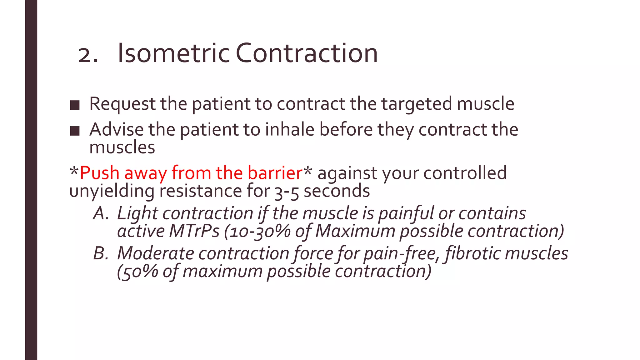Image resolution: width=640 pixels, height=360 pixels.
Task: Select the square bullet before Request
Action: (75, 105)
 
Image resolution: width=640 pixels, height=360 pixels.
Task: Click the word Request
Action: (122, 104)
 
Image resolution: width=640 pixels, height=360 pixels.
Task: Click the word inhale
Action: (289, 130)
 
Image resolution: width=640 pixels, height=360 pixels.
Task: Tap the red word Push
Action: (100, 173)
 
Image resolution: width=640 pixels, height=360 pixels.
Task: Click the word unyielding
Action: (112, 191)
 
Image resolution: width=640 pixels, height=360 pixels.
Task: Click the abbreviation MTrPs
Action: (194, 232)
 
